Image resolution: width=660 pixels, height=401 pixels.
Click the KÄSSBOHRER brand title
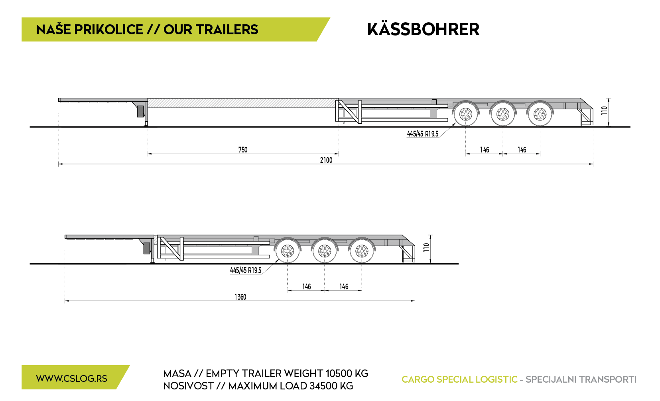(423, 29)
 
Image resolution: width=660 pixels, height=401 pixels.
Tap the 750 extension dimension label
(243, 150)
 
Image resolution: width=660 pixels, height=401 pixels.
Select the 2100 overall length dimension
(326, 160)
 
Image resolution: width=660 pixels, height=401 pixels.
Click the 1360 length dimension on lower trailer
(240, 297)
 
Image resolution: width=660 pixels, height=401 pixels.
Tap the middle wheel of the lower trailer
(325, 251)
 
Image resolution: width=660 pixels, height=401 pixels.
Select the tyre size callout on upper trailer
(423, 134)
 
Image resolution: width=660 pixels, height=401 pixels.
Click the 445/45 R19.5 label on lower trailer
(246, 271)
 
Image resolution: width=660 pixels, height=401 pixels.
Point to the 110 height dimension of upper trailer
(604, 111)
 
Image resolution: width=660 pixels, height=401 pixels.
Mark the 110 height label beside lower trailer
(426, 247)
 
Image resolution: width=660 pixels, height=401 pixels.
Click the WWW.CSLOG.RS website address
(72, 379)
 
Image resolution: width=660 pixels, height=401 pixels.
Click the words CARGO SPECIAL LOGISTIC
(459, 379)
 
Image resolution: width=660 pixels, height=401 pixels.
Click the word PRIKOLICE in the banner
(109, 30)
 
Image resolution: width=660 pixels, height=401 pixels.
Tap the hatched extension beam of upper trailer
(243, 103)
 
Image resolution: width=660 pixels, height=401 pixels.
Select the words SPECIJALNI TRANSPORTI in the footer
(581, 379)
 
